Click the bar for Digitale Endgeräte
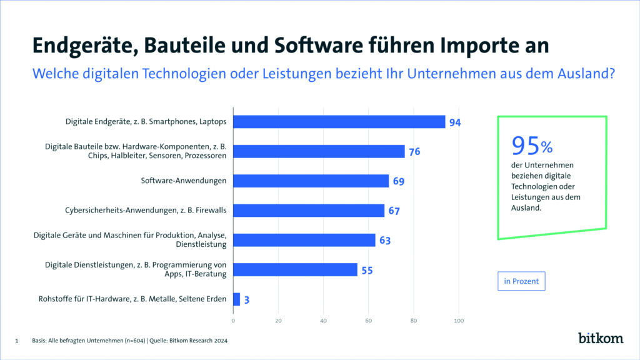point(339,122)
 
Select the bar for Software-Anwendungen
point(311,181)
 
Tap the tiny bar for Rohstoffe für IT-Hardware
point(236,299)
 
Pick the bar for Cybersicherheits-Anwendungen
point(309,211)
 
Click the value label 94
point(455,122)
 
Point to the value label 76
point(414,152)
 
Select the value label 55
point(367,270)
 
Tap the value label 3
point(247,300)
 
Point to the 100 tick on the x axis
point(459,321)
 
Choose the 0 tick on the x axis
point(233,321)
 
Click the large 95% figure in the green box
point(532,146)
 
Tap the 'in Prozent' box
point(522,282)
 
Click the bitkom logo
point(600,338)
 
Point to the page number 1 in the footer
point(17,341)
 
